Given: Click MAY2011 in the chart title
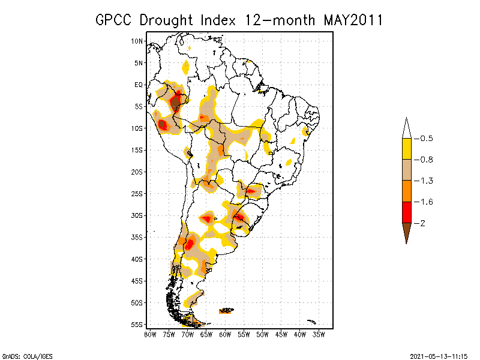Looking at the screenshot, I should pyautogui.click(x=353, y=20).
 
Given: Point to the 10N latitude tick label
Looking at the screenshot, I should pyautogui.click(x=137, y=41).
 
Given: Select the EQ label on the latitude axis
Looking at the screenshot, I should pyautogui.click(x=139, y=85).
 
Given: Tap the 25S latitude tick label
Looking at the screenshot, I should pyautogui.click(x=137, y=193).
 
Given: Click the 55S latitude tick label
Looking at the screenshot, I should pyautogui.click(x=137, y=324).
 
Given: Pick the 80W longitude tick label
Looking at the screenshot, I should pyautogui.click(x=150, y=334).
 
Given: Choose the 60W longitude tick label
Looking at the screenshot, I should pyautogui.click(x=225, y=334).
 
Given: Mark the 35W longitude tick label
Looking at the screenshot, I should pyautogui.click(x=319, y=334).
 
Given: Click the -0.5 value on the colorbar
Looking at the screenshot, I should pyautogui.click(x=425, y=139).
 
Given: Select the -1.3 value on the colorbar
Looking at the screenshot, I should pyautogui.click(x=425, y=181).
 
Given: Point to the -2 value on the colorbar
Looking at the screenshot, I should pyautogui.click(x=422, y=223).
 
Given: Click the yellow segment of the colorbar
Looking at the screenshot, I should pyautogui.click(x=406, y=149).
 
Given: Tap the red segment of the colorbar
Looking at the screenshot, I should pyautogui.click(x=406, y=212).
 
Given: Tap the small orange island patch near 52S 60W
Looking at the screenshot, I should pyautogui.click(x=226, y=311).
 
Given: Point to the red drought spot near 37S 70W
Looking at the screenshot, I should pyautogui.click(x=190, y=244).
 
